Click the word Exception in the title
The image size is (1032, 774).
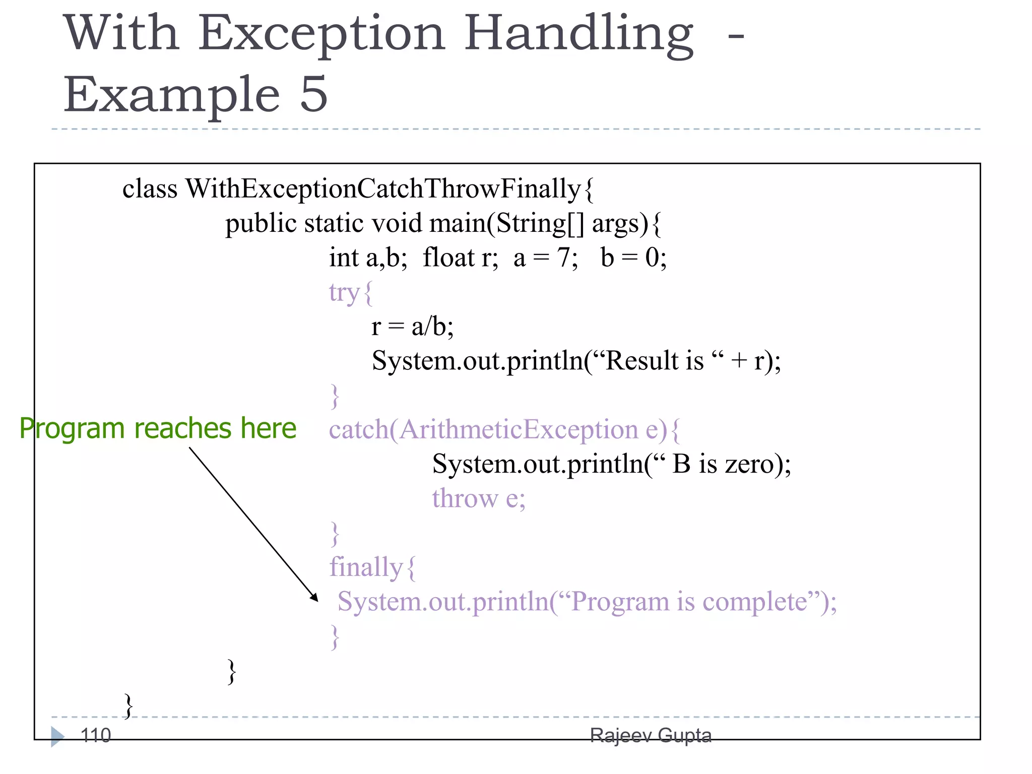click(x=321, y=34)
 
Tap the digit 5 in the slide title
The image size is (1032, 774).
click(x=313, y=95)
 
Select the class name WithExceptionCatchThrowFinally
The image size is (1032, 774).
click(x=383, y=189)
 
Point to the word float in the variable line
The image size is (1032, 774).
click(x=448, y=258)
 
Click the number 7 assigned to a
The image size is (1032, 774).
click(x=563, y=258)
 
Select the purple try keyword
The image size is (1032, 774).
click(x=344, y=293)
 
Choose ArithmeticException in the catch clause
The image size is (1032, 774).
click(x=519, y=430)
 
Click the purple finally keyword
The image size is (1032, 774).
click(x=366, y=567)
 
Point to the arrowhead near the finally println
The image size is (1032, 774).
click(x=314, y=598)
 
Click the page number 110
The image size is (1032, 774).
click(x=96, y=736)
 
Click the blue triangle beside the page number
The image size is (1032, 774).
click(x=57, y=736)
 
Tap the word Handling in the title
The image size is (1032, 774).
click(x=578, y=34)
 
